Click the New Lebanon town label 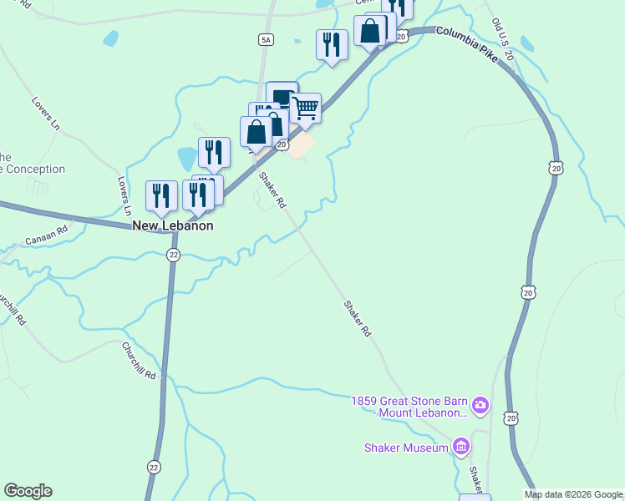[172, 225]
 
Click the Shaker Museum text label [406, 448]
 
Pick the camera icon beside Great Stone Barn [480, 407]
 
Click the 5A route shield [266, 39]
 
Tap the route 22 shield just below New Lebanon [173, 255]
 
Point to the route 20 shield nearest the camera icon [511, 417]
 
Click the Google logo [28, 491]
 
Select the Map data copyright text [573, 494]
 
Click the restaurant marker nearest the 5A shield [332, 43]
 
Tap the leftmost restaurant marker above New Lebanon [161, 195]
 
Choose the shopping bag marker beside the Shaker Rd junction [256, 131]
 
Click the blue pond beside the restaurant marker [188, 157]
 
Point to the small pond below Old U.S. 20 [526, 43]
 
